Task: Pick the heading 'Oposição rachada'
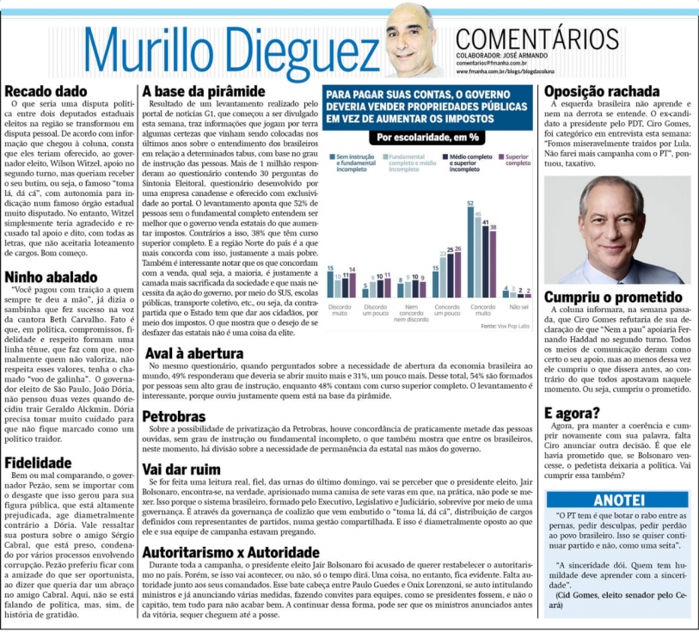[x=603, y=91]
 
